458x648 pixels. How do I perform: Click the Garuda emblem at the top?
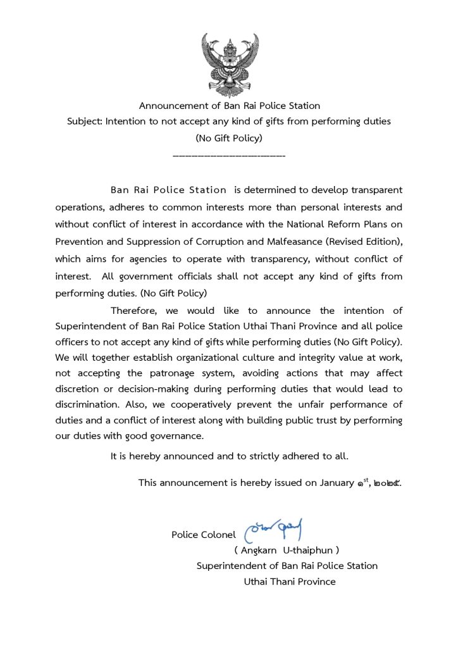tap(228, 63)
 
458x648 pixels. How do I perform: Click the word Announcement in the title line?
tap(170, 106)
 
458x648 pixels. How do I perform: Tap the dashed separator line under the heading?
tap(228, 154)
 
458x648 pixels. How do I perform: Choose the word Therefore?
tap(133, 311)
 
